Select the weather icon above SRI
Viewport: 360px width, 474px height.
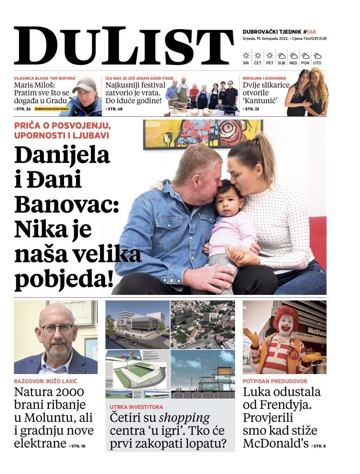[x=246, y=56]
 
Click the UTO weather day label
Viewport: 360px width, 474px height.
[x=317, y=62]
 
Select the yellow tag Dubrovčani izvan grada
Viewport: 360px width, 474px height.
[x=51, y=109]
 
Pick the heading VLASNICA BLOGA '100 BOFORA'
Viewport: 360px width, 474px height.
[x=45, y=79]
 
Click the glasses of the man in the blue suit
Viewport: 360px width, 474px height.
[x=57, y=329]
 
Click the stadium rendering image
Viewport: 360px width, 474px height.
[x=137, y=374]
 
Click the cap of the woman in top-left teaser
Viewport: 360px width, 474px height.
[x=84, y=84]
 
